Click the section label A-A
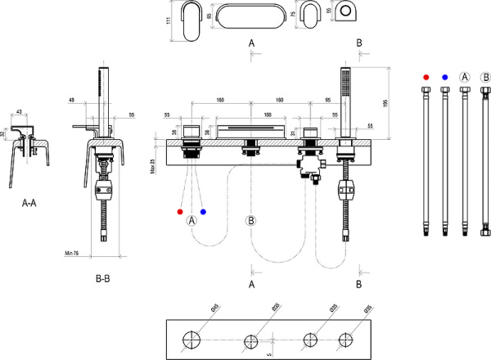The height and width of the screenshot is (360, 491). click(x=29, y=203)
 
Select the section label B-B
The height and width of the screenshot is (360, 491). click(x=103, y=279)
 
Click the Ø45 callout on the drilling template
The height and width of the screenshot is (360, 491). click(x=214, y=307)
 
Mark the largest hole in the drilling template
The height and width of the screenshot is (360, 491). click(x=193, y=340)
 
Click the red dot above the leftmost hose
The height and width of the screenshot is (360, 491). click(x=426, y=77)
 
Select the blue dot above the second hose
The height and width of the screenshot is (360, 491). click(x=445, y=77)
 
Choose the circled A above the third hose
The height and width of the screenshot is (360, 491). click(x=465, y=77)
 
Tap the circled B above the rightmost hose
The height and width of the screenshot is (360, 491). click(x=484, y=77)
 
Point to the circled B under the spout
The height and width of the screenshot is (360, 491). click(x=251, y=220)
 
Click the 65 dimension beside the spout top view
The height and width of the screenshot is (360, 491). click(x=209, y=16)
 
